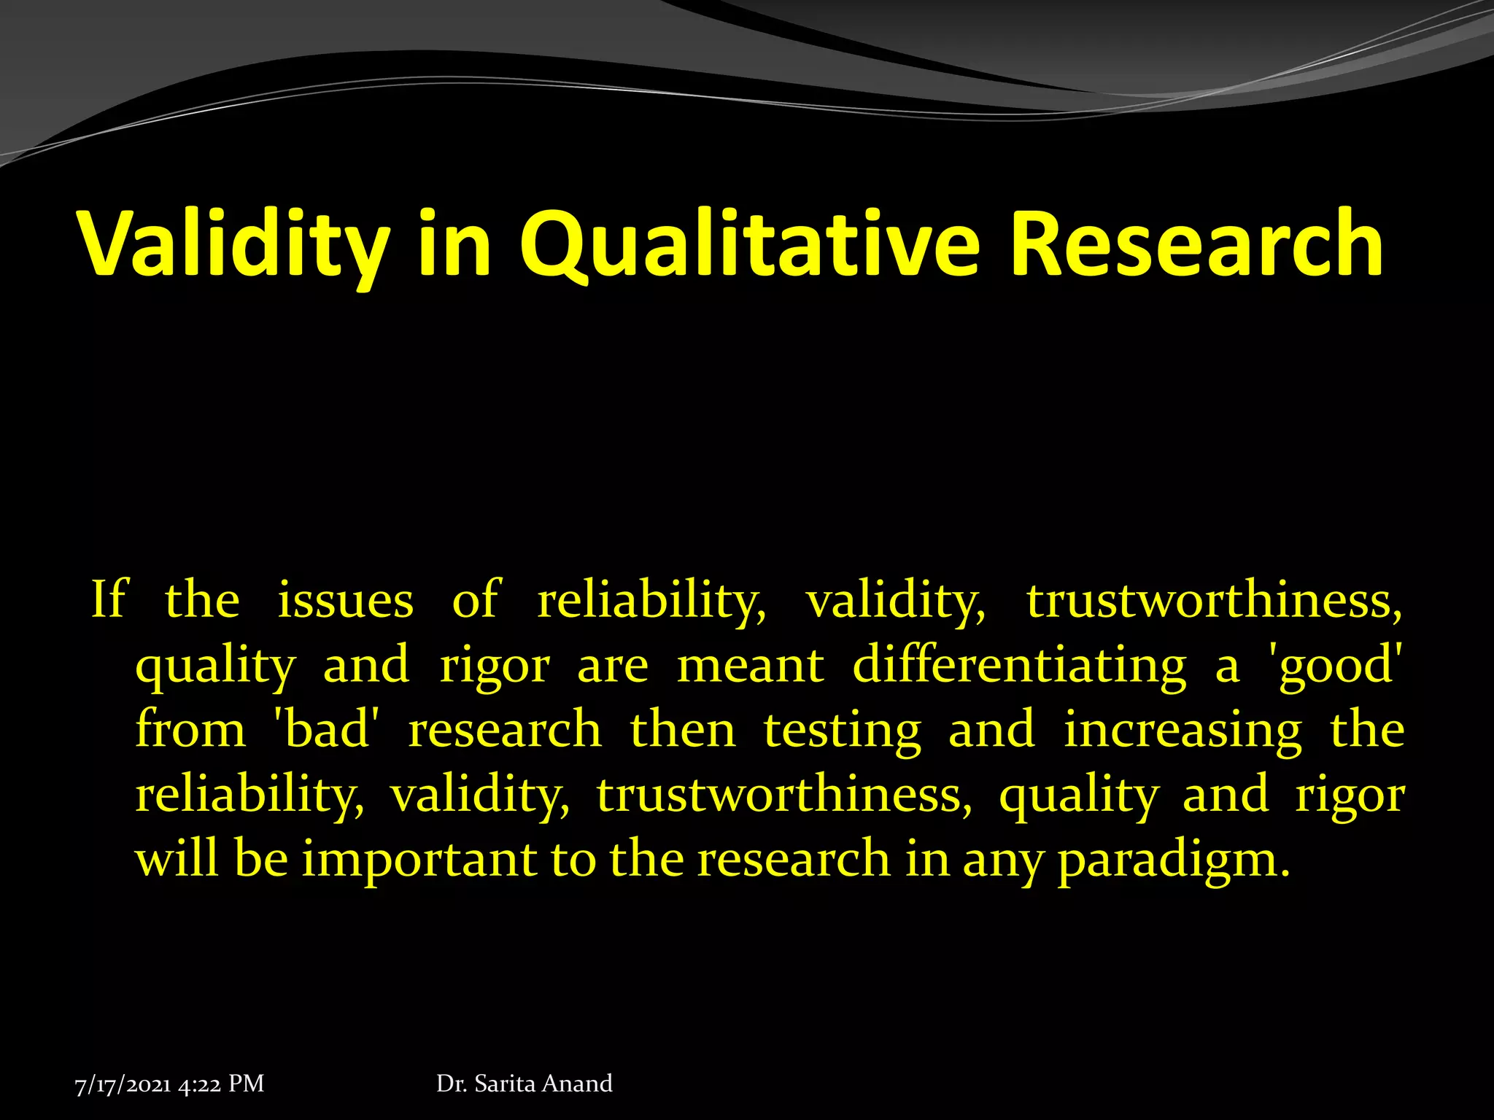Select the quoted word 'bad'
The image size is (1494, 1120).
click(x=326, y=730)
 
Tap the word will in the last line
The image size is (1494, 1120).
click(x=177, y=858)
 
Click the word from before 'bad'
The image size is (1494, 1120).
click(x=190, y=730)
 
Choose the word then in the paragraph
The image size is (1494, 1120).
click(x=683, y=730)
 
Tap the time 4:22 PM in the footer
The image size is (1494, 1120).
click(x=221, y=1084)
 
